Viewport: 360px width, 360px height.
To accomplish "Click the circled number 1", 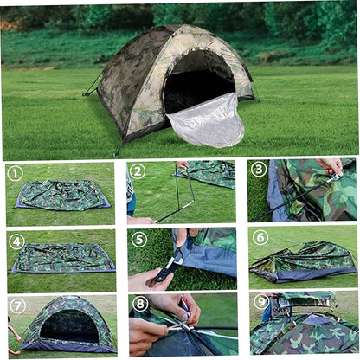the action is pos(16,173).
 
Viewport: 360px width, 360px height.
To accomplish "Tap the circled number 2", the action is pos(138,171).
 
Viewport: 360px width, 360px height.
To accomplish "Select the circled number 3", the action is pos(259,169).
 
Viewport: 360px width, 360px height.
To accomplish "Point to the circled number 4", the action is pos(16,241).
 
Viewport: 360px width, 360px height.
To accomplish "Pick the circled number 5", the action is pos(139,239).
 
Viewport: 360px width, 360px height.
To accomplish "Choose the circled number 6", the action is pos(260,237).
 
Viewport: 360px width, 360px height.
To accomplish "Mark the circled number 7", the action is pos(17,306).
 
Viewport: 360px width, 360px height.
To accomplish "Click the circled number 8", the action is pos(140,304).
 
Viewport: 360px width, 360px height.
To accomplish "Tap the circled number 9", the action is pos(261,302).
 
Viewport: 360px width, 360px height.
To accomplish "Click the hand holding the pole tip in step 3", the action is pos(331,166).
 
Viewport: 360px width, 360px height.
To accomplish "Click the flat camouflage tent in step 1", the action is pos(62,195).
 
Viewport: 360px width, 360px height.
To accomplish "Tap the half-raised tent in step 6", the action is pos(303,261).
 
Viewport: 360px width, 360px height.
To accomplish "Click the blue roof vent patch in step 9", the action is pos(314,319).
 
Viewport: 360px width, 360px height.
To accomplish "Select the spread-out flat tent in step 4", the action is pos(63,258).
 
